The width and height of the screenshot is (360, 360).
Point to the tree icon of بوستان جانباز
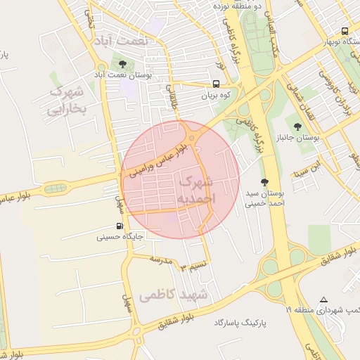pos(298,127)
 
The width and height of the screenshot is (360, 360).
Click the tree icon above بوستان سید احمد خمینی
pos(264,181)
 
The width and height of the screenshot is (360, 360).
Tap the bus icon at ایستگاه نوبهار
pos(345,31)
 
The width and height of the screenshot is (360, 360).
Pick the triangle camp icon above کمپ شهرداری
pos(323,300)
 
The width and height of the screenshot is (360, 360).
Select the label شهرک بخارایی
pos(65,101)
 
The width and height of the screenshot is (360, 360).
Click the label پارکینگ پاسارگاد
pos(243,321)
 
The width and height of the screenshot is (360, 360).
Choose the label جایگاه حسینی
pos(120,238)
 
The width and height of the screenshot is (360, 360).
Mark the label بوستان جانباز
pos(316,138)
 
